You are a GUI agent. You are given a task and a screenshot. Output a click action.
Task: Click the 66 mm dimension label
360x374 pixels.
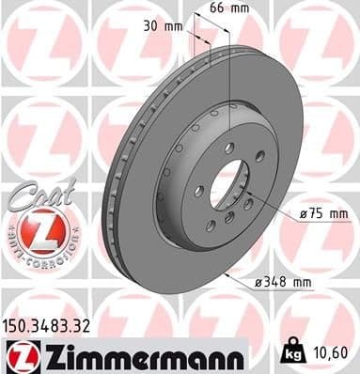(247, 9)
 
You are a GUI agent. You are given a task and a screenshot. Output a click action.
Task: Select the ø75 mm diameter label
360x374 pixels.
(325, 215)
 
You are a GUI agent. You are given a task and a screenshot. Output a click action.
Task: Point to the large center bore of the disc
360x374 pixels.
(226, 182)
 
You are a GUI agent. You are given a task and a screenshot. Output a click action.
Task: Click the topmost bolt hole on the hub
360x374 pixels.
(228, 147)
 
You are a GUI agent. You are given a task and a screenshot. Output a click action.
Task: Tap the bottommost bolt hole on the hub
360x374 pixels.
(228, 218)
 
